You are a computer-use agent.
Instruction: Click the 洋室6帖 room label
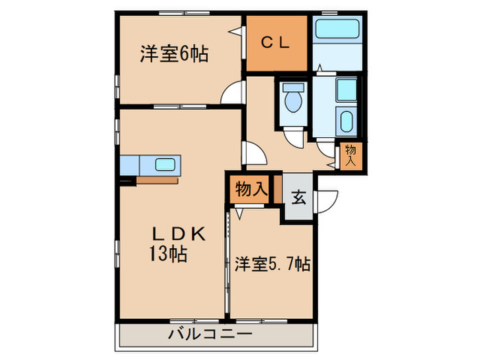pyautogui.click(x=175, y=53)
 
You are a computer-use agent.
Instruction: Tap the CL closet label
pyautogui.click(x=276, y=41)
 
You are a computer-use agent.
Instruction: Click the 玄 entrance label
pyautogui.click(x=299, y=197)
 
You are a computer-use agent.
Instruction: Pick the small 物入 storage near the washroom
pyautogui.click(x=350, y=156)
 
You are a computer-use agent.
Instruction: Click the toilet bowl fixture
pyautogui.click(x=293, y=101)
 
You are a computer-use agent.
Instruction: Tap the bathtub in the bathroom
pyautogui.click(x=336, y=31)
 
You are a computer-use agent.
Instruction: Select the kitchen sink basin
pyautogui.click(x=165, y=165)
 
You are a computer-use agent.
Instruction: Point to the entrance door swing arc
pyautogui.click(x=327, y=200)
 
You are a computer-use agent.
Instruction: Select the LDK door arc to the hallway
pyautogui.click(x=251, y=152)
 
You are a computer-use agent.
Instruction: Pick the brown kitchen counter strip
pyautogui.click(x=158, y=180)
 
